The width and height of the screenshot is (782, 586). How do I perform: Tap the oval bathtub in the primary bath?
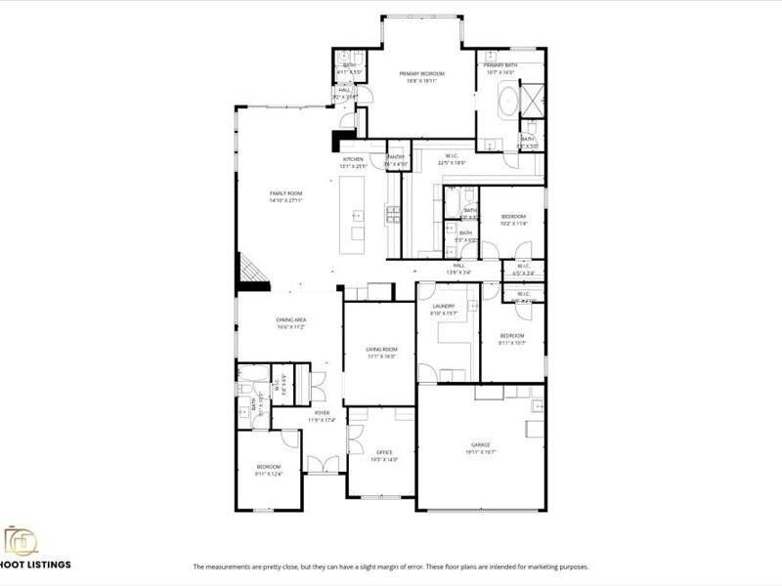(510, 103)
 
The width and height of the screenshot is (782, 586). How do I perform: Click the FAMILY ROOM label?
(286, 193)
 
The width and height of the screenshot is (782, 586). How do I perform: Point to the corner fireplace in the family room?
(250, 269)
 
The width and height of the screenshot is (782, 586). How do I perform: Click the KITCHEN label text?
(353, 159)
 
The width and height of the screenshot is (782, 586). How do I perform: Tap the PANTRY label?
(396, 157)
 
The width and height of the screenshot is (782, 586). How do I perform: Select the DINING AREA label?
(290, 320)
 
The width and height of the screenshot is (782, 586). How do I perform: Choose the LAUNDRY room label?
(444, 306)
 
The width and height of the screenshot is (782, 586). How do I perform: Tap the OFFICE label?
(384, 452)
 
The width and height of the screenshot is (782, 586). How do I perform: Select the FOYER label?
(322, 413)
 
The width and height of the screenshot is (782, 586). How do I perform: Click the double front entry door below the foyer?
(320, 465)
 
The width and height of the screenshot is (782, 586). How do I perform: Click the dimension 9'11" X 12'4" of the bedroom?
(269, 475)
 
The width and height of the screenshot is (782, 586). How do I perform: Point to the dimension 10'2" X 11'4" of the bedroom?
(513, 224)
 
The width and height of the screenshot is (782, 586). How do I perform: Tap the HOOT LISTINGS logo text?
(36, 565)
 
